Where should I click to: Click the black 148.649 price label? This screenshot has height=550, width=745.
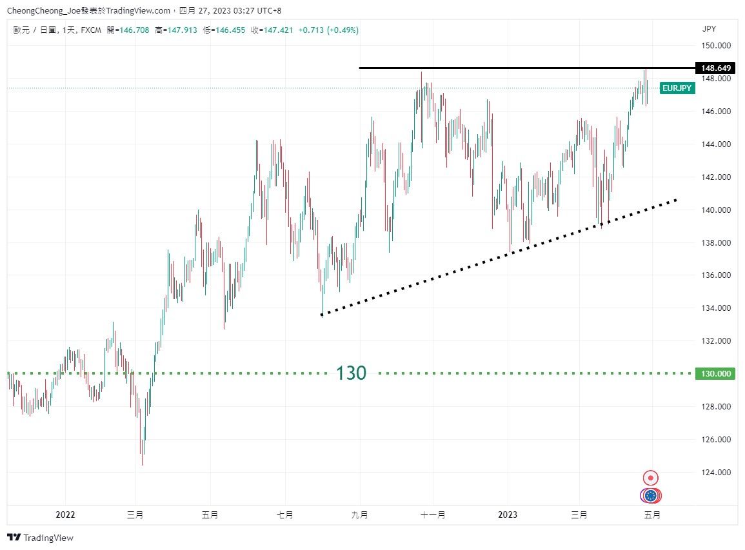tap(715, 68)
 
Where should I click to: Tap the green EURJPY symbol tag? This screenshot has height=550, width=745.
tap(677, 89)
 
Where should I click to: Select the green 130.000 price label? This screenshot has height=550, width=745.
tap(715, 373)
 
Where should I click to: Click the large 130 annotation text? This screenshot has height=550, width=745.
tap(351, 373)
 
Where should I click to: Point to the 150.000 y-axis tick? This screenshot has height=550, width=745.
tap(717, 46)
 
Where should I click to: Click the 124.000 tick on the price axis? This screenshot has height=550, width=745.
tap(717, 473)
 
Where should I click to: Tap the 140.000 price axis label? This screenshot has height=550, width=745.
tap(717, 210)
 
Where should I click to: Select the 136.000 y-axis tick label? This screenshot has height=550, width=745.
tap(717, 275)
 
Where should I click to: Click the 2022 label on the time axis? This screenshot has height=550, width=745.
tap(65, 515)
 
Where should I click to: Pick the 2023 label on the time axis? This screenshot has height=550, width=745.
tap(508, 515)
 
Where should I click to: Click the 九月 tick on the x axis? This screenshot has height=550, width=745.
tap(360, 515)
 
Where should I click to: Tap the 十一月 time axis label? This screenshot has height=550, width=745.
tap(433, 515)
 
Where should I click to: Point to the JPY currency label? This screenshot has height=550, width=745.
tap(709, 29)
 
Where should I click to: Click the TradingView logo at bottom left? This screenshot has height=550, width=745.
tap(40, 538)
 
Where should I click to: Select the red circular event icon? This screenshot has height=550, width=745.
tap(651, 478)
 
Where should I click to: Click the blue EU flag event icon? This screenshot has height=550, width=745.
tap(651, 495)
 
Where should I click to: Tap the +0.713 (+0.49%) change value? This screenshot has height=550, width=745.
tap(328, 30)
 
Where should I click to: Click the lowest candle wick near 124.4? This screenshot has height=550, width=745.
tap(142, 463)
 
